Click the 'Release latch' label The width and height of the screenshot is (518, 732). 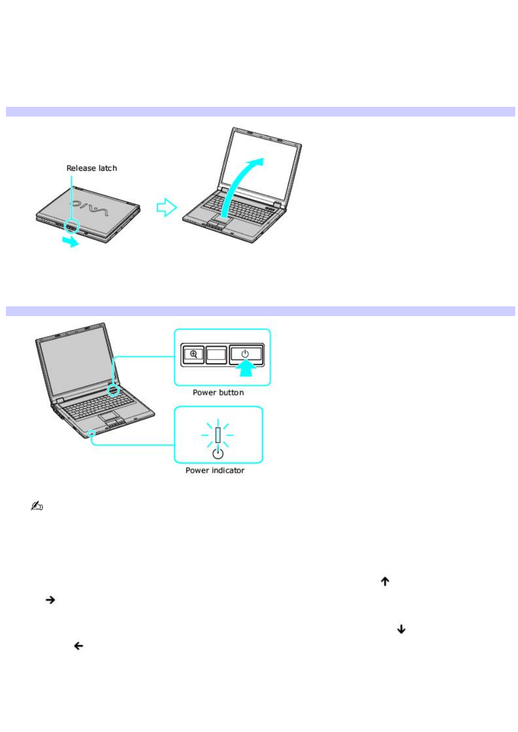point(92,168)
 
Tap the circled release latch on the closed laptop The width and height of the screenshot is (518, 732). point(72,226)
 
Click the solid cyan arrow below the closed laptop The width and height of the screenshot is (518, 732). point(70,241)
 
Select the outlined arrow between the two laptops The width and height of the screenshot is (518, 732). point(166,207)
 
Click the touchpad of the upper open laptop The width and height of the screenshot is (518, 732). point(219,220)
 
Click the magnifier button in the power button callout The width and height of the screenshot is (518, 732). point(193,355)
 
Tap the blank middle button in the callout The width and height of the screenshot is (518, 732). point(217,355)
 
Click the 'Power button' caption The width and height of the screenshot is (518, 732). point(218,393)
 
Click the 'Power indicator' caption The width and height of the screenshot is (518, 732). point(215,471)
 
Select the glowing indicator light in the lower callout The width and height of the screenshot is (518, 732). point(218,435)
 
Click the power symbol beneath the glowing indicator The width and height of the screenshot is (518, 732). point(218,453)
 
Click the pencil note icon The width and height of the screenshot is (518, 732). point(36,506)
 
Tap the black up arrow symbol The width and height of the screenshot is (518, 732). point(385,581)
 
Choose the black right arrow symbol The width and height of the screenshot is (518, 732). point(50,600)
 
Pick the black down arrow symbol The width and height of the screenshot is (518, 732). point(401,629)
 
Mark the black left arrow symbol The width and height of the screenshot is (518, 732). point(78,646)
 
